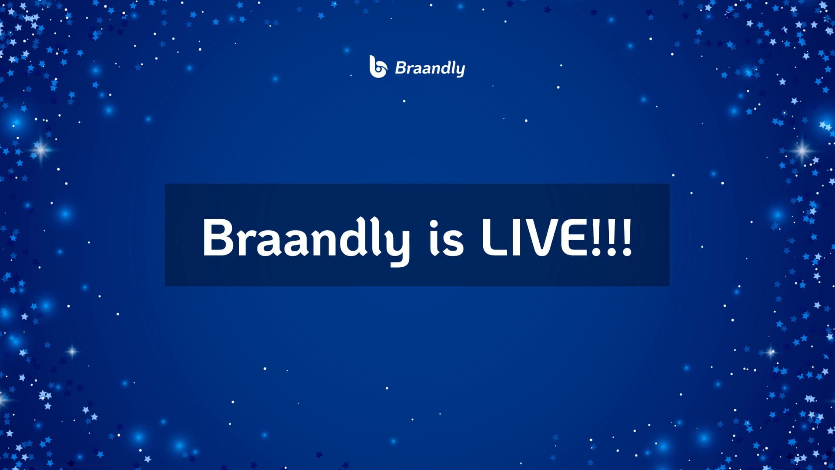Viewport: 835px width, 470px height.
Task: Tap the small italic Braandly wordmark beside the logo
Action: (x=430, y=68)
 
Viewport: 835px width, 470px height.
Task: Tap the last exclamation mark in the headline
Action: (x=627, y=237)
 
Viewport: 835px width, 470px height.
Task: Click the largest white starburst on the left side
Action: (x=41, y=150)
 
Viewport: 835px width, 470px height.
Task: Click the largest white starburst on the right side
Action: (x=802, y=151)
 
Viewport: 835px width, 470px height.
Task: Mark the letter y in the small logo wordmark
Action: (x=460, y=70)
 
